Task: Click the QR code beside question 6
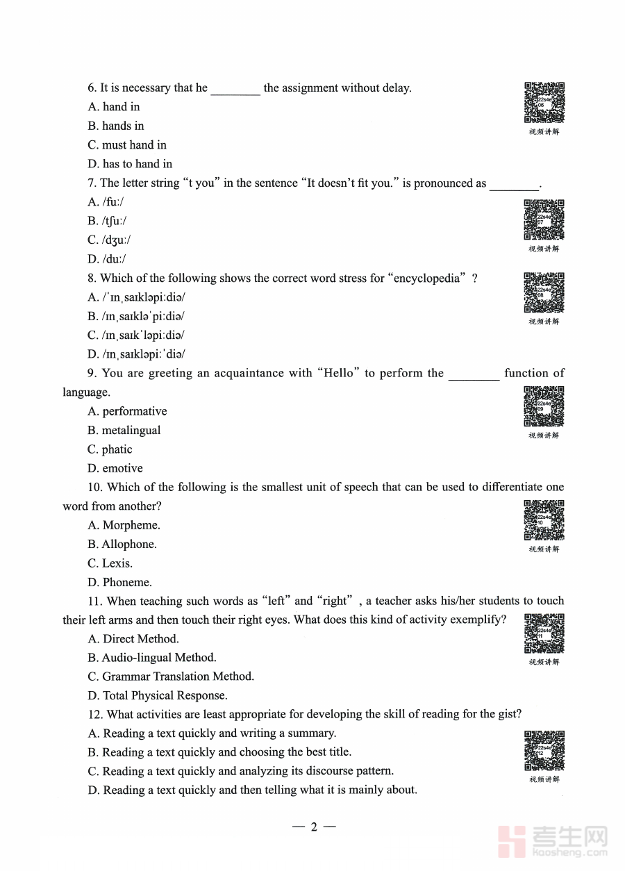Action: [x=544, y=102]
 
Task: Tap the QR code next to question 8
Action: [x=544, y=292]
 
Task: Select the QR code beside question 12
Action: [x=544, y=750]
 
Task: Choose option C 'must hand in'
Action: [x=127, y=145]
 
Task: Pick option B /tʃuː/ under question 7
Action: [x=107, y=221]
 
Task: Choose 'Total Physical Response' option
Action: [x=157, y=695]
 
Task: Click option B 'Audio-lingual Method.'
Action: [x=152, y=657]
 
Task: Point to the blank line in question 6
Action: [x=235, y=89]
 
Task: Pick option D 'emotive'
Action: [x=115, y=468]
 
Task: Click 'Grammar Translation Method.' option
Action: [x=171, y=676]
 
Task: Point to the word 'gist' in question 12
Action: [x=508, y=714]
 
